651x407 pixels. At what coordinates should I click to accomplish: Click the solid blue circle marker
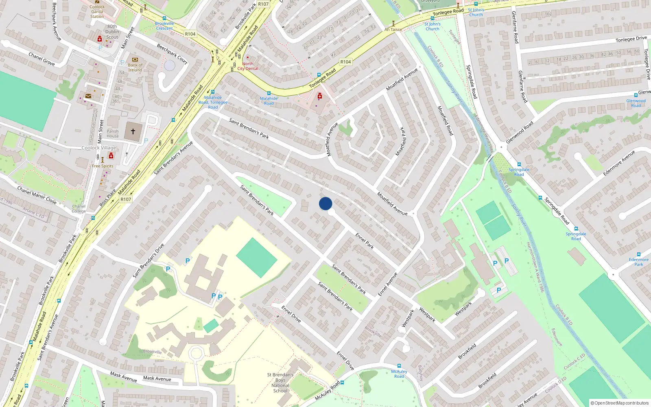[325, 203]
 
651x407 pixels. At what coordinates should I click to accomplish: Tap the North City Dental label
[248, 66]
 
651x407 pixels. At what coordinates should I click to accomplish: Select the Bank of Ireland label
[135, 68]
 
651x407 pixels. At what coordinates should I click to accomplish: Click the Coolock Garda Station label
[97, 11]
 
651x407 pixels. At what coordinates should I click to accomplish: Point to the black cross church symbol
[133, 131]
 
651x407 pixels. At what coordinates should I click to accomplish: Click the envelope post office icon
[88, 96]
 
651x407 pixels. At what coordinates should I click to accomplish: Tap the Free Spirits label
[103, 166]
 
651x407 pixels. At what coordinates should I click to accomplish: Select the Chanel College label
[79, 209]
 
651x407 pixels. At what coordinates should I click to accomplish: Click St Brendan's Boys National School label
[280, 383]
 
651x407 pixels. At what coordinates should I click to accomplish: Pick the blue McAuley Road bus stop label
[399, 374]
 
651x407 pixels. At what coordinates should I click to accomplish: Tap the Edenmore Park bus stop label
[639, 262]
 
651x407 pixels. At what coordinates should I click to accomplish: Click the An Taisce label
[393, 29]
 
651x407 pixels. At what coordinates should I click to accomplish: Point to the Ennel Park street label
[365, 241]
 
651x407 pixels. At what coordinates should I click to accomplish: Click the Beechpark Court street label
[172, 54]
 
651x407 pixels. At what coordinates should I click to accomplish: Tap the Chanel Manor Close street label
[37, 195]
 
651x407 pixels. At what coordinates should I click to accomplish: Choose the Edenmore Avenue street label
[619, 163]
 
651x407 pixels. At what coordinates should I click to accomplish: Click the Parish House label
[113, 133]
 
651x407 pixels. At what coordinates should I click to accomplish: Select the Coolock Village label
[99, 148]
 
